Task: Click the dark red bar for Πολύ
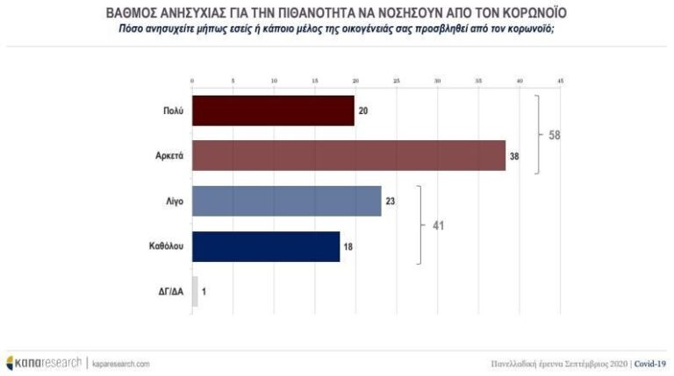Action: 273,110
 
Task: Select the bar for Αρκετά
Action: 348,156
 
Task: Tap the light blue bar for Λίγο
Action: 286,201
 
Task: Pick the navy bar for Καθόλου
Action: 265,246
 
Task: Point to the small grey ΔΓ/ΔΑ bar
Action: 195,291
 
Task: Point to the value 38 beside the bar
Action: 514,156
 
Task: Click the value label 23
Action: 390,201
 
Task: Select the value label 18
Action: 348,246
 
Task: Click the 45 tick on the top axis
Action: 560,82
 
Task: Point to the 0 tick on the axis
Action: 192,82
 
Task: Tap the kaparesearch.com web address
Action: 121,363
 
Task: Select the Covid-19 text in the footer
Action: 649,363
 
